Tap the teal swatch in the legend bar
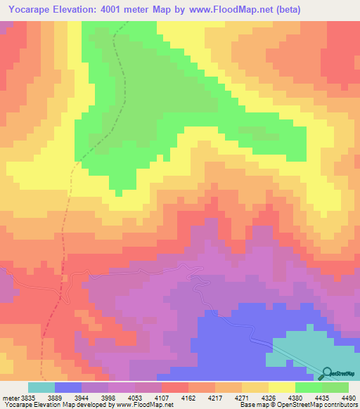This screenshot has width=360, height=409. coord(41,387)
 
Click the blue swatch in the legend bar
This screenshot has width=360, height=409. coord(68,387)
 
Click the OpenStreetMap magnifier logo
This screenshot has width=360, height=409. coord(328,374)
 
